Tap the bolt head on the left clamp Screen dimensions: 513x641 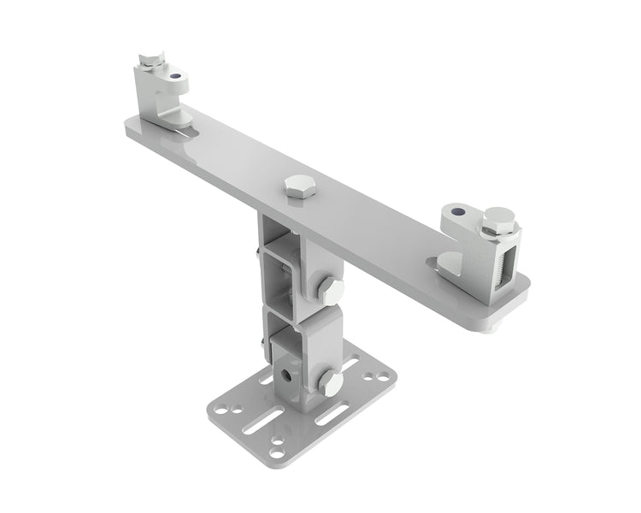coord(151,59)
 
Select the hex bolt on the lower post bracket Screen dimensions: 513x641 coord(328,381)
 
